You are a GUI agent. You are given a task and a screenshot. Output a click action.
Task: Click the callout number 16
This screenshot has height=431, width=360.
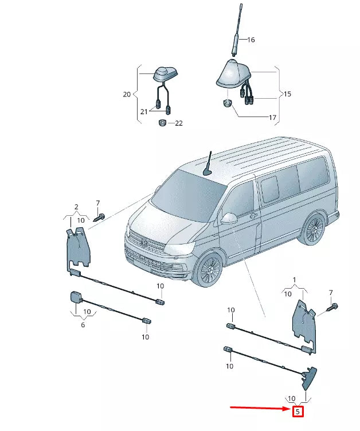251,40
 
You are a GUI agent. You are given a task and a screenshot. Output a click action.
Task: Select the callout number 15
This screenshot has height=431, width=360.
287,93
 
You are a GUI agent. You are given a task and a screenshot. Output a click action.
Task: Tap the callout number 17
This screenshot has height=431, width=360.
272,118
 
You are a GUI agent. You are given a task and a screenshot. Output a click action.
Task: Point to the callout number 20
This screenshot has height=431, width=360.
127,94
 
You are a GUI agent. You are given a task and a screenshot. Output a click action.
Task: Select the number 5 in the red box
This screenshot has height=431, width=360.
297,411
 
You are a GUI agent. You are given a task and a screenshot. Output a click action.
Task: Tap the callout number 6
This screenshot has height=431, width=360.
83,325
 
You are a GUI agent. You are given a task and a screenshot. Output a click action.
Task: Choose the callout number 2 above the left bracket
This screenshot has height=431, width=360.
76,207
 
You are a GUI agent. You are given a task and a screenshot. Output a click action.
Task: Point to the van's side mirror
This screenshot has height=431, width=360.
229,219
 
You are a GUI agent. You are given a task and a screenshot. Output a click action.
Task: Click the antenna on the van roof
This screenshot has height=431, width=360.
208,164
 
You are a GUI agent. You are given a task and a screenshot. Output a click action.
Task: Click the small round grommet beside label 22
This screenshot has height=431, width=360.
162,123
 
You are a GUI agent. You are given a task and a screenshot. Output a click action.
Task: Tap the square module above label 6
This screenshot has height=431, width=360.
75,297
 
